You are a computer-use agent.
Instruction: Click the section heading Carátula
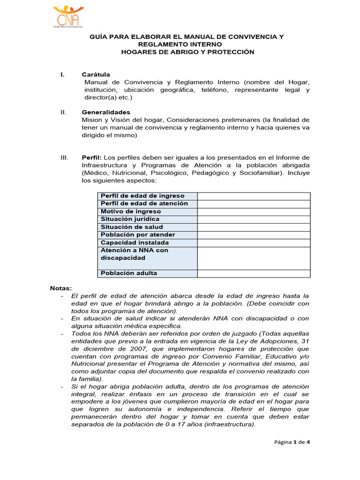96,75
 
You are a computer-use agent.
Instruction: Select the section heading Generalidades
105,112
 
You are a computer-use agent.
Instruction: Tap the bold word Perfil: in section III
91,157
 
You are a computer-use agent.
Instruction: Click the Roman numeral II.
64,112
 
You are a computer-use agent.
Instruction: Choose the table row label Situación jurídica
130,219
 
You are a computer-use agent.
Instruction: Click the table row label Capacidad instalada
135,243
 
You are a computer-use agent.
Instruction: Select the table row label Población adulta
129,273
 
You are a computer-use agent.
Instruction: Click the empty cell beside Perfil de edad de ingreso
253,196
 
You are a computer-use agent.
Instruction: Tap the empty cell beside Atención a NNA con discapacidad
253,258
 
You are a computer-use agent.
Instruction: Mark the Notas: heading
61,288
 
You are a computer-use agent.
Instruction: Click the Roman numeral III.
65,157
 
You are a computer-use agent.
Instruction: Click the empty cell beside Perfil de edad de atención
253,204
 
